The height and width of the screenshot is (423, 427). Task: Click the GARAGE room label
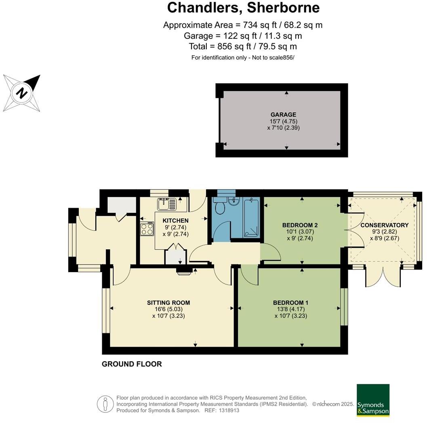tap(283, 115)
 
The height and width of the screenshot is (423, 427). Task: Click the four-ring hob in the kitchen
tap(147, 229)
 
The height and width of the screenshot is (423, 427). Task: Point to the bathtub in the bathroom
tap(250, 218)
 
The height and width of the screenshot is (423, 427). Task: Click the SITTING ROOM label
tap(168, 302)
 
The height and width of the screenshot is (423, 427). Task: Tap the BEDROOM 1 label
tap(290, 302)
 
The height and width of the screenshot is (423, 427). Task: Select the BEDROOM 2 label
tap(297, 225)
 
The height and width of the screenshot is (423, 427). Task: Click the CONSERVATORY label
tap(384, 225)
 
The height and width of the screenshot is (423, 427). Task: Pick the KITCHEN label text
tap(175, 221)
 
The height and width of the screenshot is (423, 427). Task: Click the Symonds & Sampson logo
tap(373, 400)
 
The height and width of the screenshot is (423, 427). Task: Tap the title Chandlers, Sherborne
tap(243, 8)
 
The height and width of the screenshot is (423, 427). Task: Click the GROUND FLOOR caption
tap(132, 364)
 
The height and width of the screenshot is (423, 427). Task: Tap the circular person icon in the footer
tap(105, 404)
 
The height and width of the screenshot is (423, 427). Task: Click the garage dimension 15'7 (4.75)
tap(283, 121)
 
